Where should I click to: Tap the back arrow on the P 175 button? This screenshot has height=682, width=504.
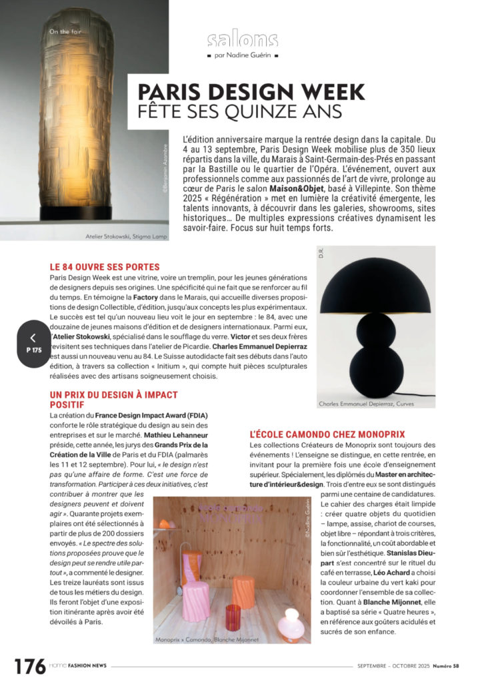pos(33,338)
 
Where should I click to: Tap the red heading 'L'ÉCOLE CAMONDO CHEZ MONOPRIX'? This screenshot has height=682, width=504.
pos(327,434)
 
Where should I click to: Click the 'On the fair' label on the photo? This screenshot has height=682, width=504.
pos(63,31)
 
